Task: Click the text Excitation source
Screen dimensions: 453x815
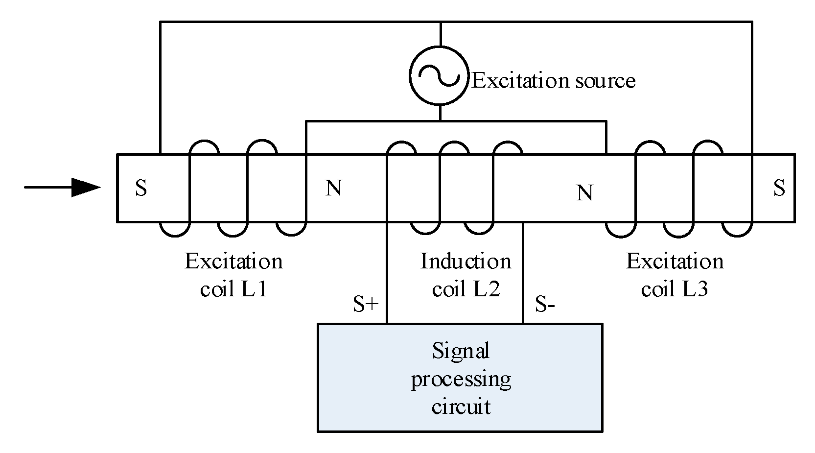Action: click(553, 81)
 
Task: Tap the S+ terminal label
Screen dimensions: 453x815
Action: click(366, 304)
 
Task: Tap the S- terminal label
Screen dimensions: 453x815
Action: click(544, 304)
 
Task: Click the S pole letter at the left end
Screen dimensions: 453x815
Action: click(141, 188)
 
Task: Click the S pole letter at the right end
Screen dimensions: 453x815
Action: click(779, 188)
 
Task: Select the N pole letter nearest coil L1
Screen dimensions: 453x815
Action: click(333, 188)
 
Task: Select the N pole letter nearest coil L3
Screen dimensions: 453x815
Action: click(584, 193)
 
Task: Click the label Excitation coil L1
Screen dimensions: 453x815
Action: click(233, 275)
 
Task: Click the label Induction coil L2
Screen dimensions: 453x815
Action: click(466, 275)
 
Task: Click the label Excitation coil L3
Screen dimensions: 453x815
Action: click(675, 275)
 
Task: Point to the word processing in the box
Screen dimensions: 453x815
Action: click(461, 380)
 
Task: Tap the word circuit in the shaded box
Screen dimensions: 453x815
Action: click(461, 407)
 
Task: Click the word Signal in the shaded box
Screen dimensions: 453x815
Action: click(461, 352)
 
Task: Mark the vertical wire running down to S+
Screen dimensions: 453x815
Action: click(387, 274)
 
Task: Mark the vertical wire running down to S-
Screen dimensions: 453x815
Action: click(523, 274)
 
